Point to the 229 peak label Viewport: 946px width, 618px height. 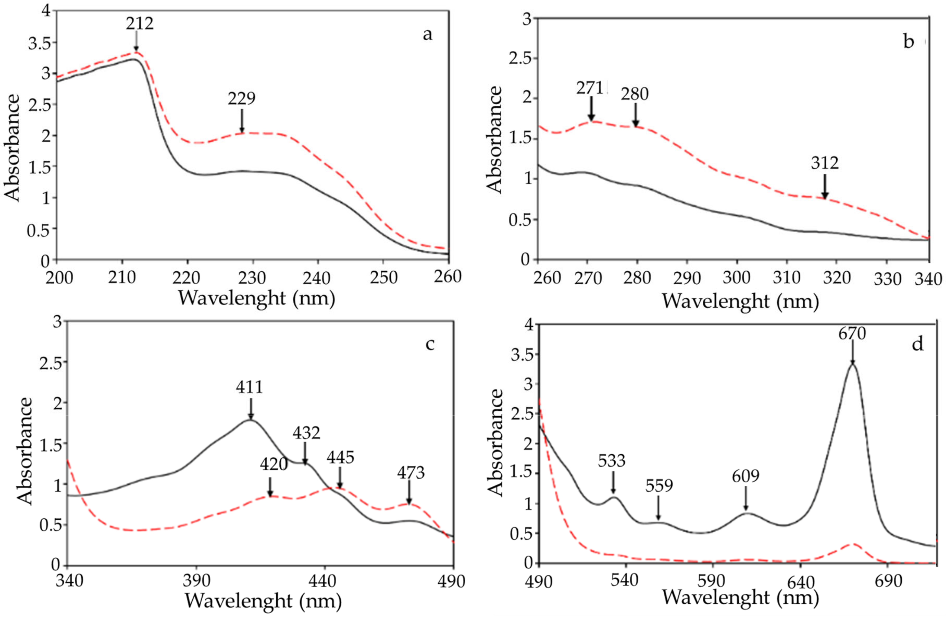point(241,98)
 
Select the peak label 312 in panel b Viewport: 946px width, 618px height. point(825,163)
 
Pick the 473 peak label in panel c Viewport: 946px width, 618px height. point(411,473)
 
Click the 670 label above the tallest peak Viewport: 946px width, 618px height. point(852,334)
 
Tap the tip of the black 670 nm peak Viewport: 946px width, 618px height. point(852,364)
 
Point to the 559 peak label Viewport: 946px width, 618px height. point(659,486)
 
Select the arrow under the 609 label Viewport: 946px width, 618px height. point(746,499)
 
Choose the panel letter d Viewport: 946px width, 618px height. point(917,344)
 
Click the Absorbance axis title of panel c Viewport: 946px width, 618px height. point(25,451)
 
